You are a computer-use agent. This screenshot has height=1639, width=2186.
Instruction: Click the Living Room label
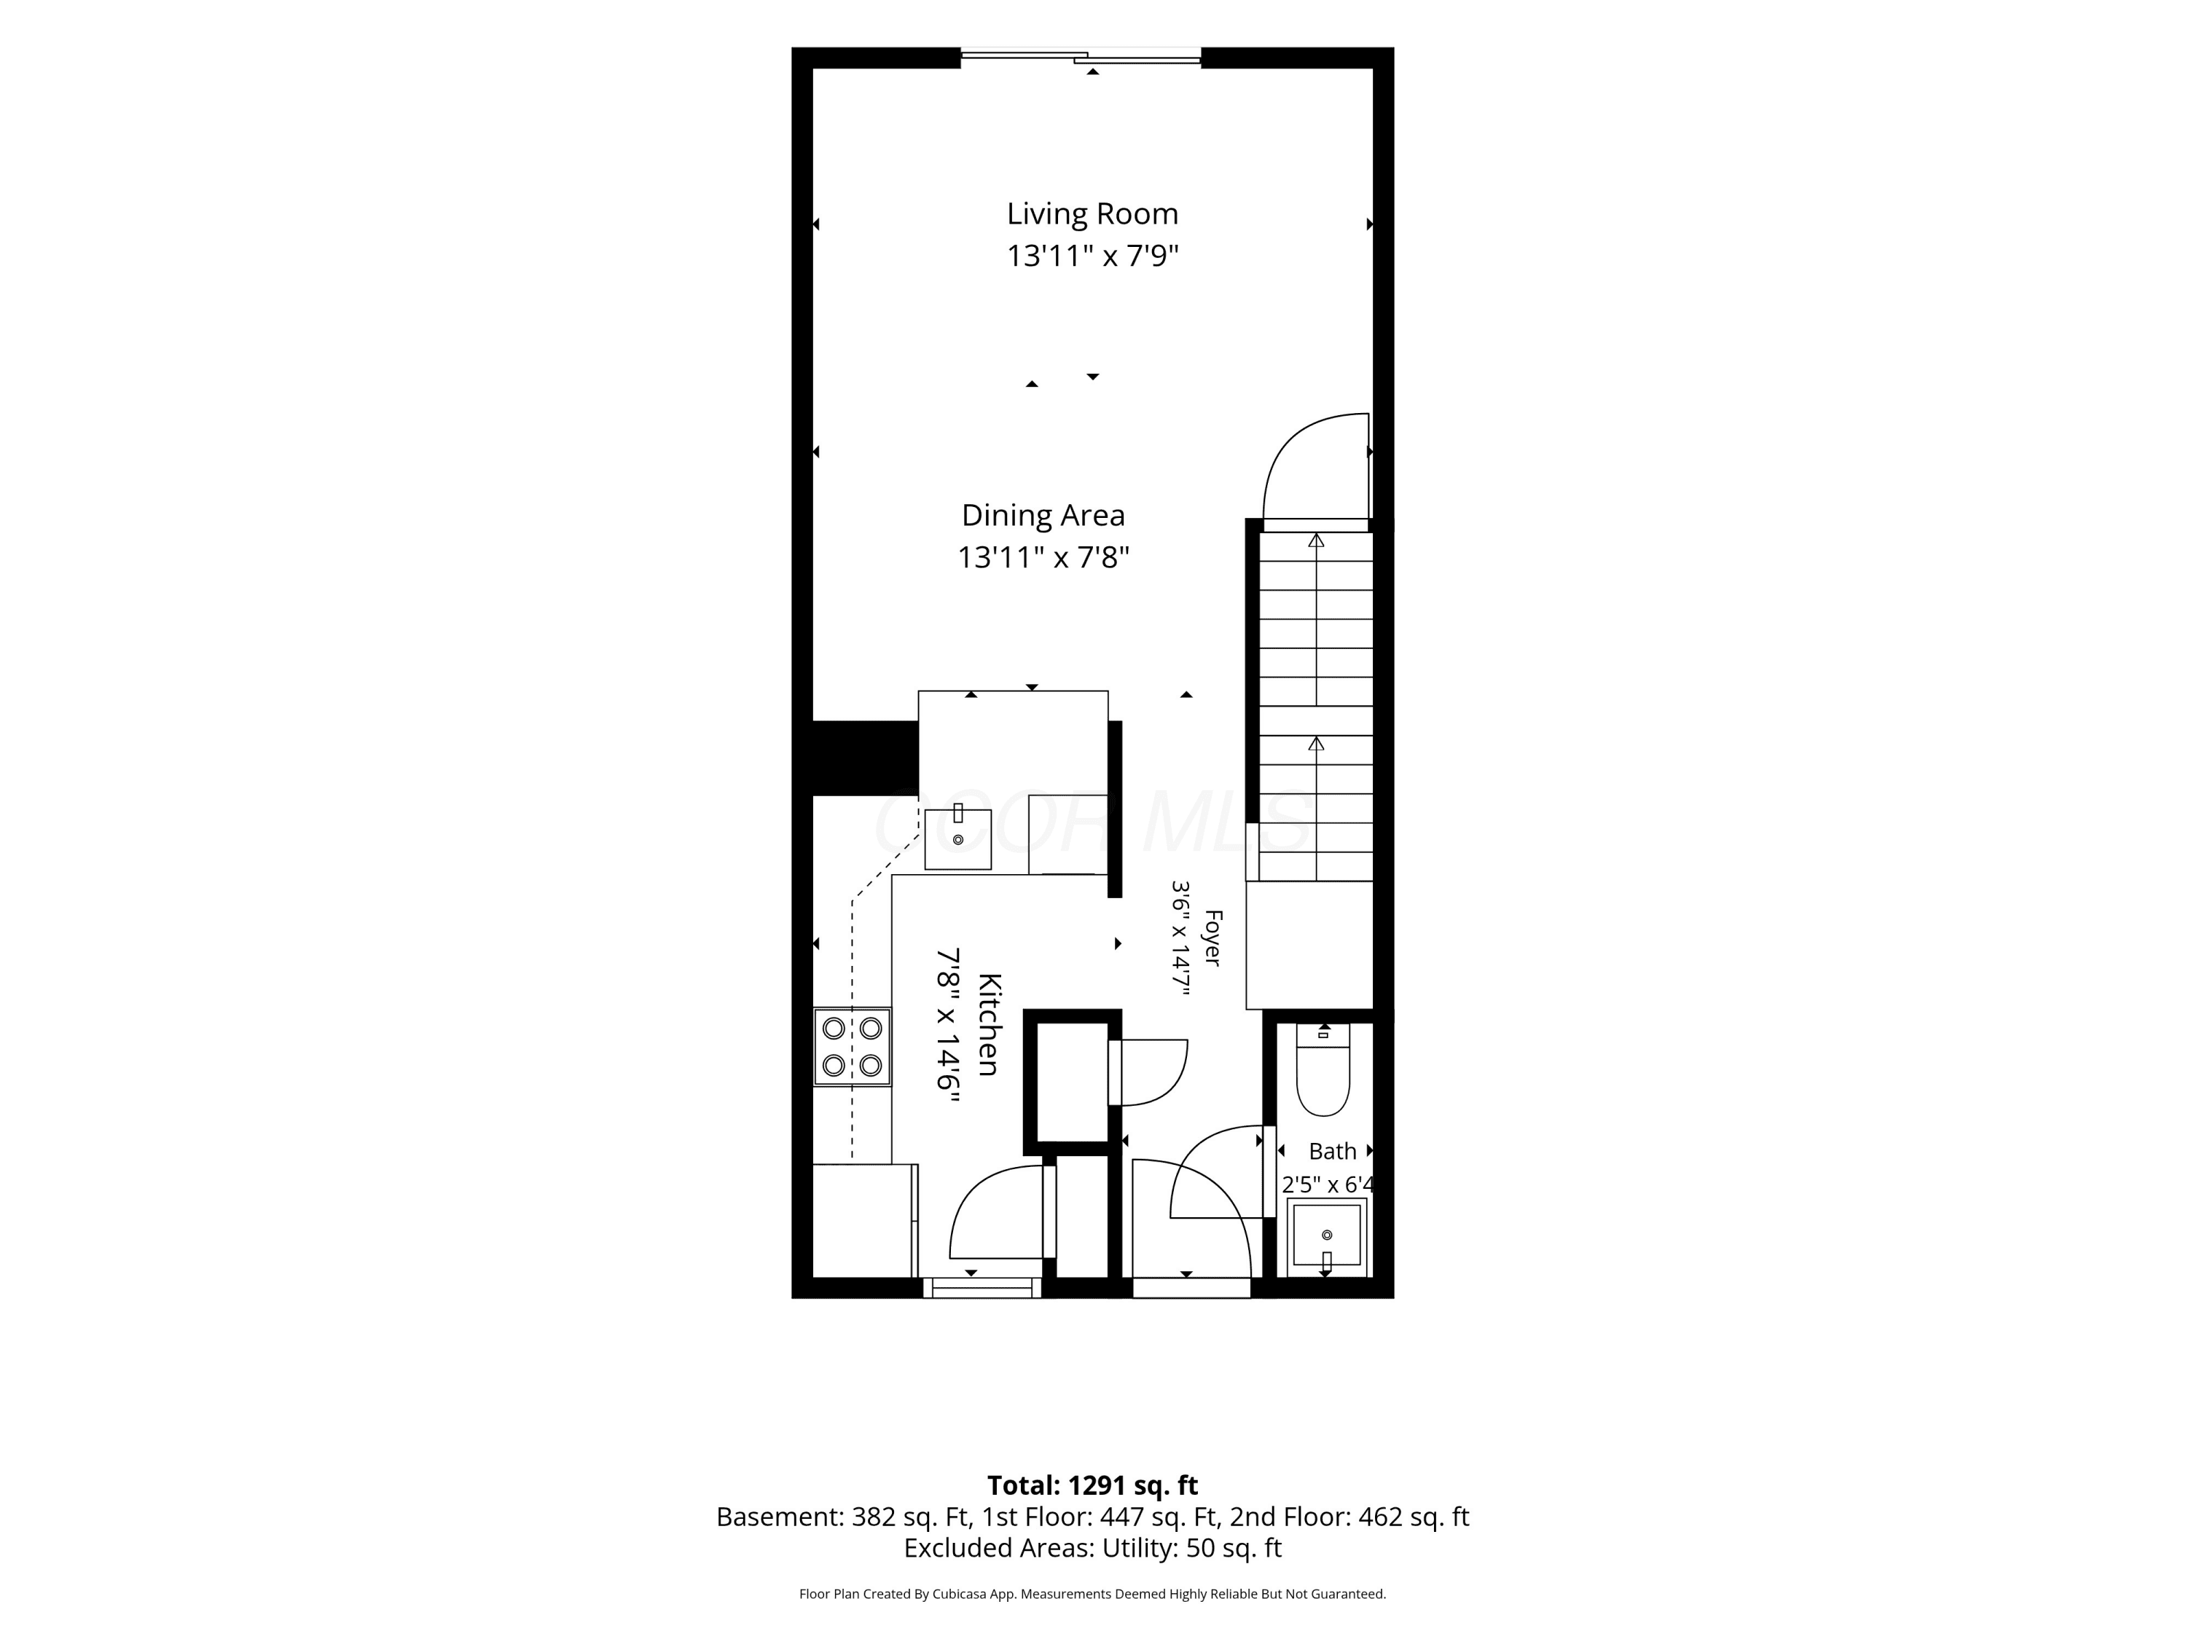1092,214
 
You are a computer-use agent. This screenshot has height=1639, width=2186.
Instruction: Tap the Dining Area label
1043,516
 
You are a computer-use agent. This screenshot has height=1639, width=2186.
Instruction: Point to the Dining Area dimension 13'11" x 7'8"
1043,558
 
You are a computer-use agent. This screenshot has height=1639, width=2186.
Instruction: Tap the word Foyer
1213,938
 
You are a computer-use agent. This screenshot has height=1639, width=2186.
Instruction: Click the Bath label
1332,1152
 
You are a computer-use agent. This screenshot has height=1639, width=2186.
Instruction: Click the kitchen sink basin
957,838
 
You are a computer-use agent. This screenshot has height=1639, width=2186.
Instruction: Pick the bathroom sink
1326,1238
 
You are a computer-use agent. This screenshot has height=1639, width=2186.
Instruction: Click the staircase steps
1315,707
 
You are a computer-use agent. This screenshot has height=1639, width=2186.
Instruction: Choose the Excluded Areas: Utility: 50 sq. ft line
1092,1548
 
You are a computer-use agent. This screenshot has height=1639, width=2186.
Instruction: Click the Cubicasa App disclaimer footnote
1092,1594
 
